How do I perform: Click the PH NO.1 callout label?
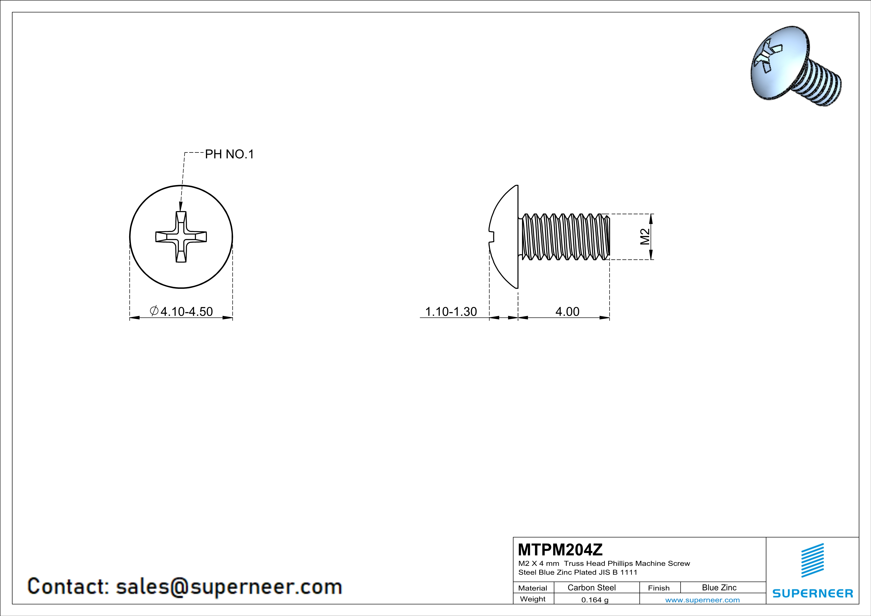(229, 154)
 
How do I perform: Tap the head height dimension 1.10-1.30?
(451, 311)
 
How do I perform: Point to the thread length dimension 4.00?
(567, 311)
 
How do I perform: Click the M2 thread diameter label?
(645, 237)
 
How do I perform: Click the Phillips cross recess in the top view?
(181, 237)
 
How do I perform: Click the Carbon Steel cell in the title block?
(591, 587)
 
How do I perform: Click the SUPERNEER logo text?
(813, 593)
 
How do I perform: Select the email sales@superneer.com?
(229, 586)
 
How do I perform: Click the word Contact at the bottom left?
(68, 586)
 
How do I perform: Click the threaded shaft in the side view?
(565, 237)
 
